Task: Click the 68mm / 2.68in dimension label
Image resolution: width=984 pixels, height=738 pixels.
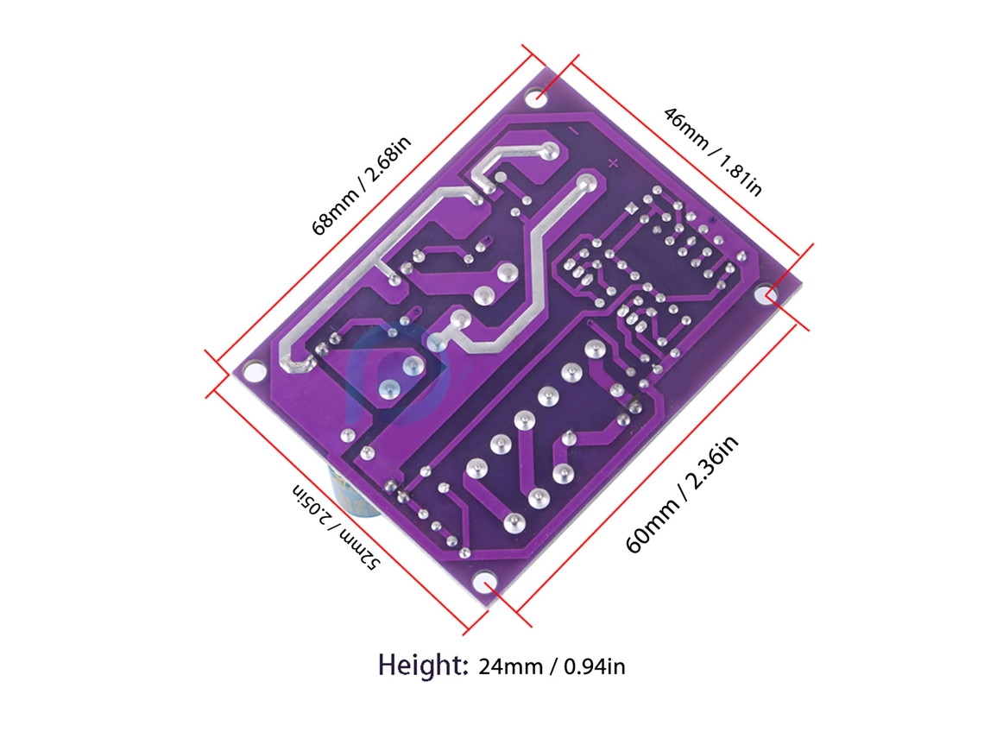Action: pyautogui.click(x=362, y=185)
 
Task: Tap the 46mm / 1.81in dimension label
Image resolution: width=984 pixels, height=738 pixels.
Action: pyautogui.click(x=713, y=151)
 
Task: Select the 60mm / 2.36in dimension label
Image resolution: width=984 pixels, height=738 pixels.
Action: pyautogui.click(x=682, y=495)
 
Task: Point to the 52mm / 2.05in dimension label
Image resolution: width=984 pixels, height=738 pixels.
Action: pyautogui.click(x=336, y=527)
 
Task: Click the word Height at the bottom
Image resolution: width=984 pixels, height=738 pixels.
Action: pyautogui.click(x=423, y=665)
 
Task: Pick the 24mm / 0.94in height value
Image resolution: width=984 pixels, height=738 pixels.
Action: pyautogui.click(x=552, y=665)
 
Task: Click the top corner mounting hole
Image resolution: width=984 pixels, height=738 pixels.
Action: pyautogui.click(x=540, y=97)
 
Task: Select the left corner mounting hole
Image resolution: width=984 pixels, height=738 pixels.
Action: pyautogui.click(x=254, y=371)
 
